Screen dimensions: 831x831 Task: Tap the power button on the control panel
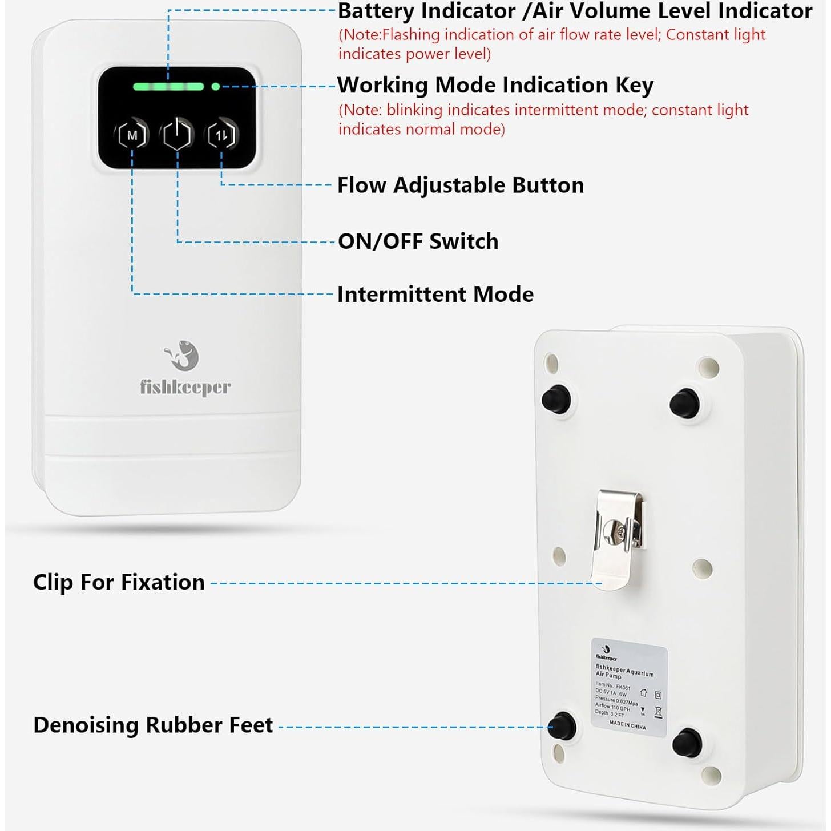tap(178, 135)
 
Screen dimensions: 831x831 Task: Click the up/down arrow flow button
tap(221, 135)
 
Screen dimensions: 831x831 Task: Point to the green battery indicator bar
tap(168, 87)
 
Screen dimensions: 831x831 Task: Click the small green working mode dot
tap(216, 87)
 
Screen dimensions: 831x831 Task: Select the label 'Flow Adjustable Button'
tap(461, 185)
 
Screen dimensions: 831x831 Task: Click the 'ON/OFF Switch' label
tap(418, 241)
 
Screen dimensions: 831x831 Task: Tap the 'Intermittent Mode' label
tap(435, 295)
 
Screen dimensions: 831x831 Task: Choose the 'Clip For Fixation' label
tap(119, 582)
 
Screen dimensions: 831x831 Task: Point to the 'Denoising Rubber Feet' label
tap(153, 725)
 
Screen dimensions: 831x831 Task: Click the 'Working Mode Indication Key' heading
tap(495, 86)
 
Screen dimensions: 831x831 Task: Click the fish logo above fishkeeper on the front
tap(183, 356)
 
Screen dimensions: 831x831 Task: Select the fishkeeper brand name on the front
tap(185, 388)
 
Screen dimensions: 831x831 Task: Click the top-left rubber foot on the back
tap(556, 398)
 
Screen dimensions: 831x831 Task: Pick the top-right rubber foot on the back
tap(685, 403)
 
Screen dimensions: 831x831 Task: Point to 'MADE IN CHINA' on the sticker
tap(627, 725)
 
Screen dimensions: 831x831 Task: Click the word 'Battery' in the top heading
tap(376, 11)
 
